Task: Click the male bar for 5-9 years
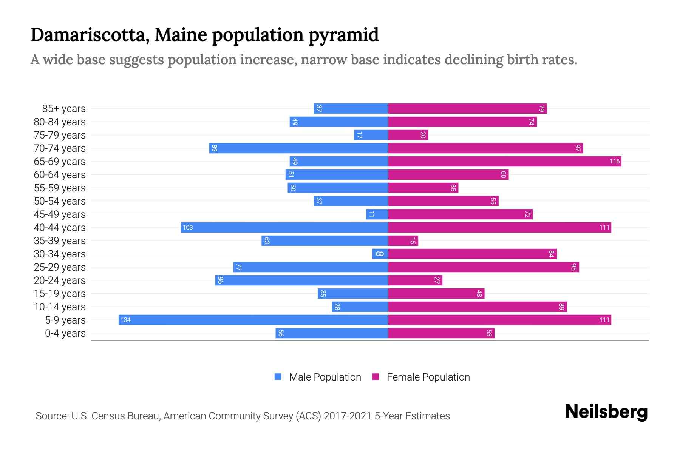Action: (x=253, y=320)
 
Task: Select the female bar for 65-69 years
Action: (x=504, y=162)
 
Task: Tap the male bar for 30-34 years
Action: (x=380, y=254)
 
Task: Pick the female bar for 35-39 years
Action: (x=403, y=241)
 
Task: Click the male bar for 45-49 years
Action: (x=377, y=214)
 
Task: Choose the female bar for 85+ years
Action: (x=467, y=109)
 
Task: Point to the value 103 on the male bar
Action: (x=188, y=228)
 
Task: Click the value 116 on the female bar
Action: (x=614, y=162)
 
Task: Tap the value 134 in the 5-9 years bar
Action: (x=125, y=320)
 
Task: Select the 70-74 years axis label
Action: (x=60, y=148)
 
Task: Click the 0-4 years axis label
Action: (x=65, y=333)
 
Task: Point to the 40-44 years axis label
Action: (x=60, y=228)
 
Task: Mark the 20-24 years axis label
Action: (x=60, y=280)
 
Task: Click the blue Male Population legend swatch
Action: (x=278, y=377)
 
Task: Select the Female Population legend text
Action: (x=428, y=377)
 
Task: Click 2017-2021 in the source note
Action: (x=348, y=416)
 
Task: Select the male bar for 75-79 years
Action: (x=371, y=135)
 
